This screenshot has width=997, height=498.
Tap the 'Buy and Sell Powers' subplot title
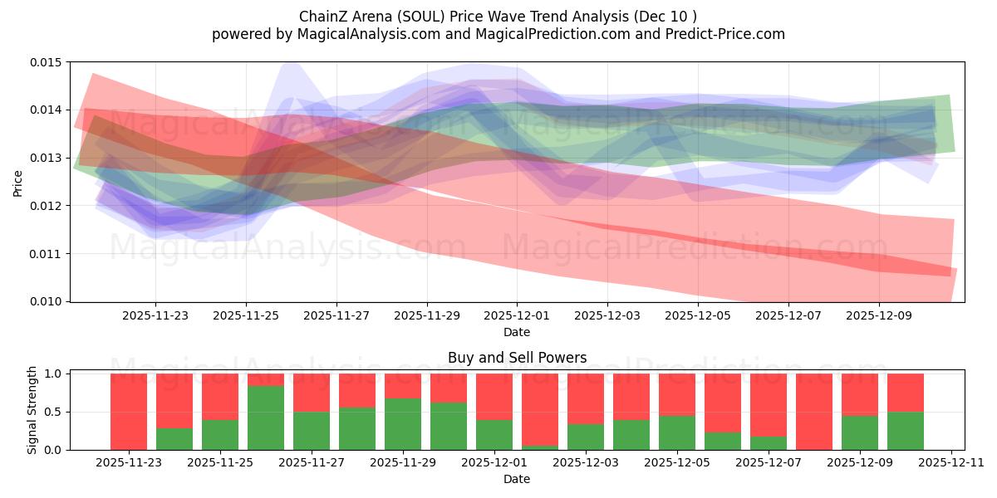click(517, 358)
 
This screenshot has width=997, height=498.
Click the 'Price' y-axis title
click(18, 182)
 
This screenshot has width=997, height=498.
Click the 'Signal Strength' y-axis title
click(32, 409)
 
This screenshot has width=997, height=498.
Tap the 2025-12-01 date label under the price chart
click(517, 316)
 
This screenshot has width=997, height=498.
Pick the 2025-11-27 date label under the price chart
click(336, 316)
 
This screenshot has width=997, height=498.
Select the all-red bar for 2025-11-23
click(129, 411)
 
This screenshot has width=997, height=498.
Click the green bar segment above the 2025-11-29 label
click(403, 424)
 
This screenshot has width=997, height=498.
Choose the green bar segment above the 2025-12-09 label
click(860, 432)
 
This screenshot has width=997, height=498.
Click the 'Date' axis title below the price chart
click(517, 332)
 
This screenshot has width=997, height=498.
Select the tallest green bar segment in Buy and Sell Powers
click(266, 417)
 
